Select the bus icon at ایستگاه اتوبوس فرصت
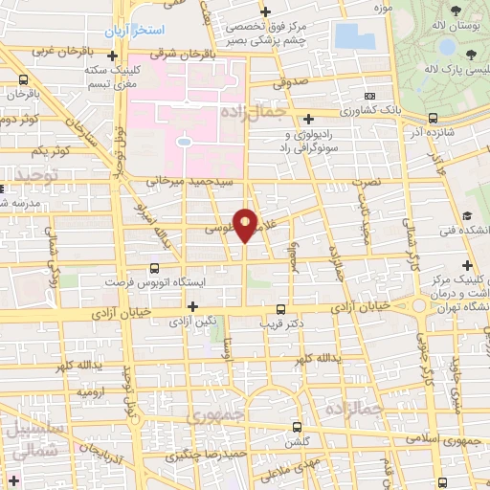coord(156,269)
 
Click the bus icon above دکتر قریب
coord(280,309)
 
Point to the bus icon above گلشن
coord(297,426)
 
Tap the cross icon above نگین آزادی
coord(194,306)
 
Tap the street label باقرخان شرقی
coord(189,55)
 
